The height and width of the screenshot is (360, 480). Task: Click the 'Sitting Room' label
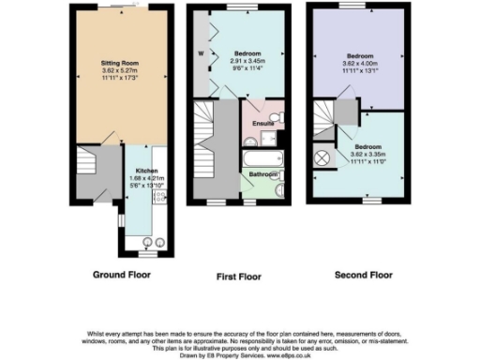coord(121,63)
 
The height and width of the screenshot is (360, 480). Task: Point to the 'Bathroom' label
coord(262,174)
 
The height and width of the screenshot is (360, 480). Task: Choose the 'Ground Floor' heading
coord(122,276)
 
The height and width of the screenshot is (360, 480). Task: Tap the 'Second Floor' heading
coord(361,276)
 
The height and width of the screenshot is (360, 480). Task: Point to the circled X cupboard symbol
coord(323,157)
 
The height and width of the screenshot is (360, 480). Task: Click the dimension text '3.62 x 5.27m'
coord(121,70)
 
